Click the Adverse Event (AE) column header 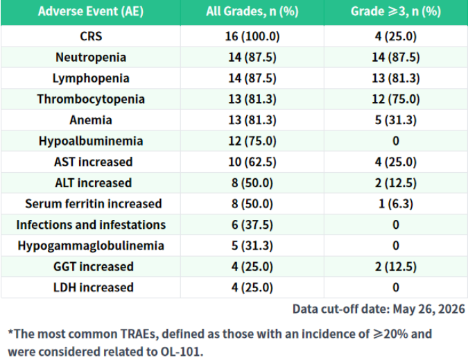click(91, 12)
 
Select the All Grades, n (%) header click(252, 12)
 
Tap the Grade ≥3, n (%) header click(396, 12)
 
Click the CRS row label click(91, 36)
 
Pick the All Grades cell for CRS click(252, 37)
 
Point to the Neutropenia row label click(91, 58)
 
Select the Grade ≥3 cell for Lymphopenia click(396, 78)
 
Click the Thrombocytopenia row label click(91, 99)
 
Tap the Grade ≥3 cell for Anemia click(396, 120)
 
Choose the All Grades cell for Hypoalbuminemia click(252, 141)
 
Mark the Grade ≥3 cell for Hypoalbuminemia click(396, 141)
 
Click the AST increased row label click(93, 162)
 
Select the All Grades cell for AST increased click(252, 162)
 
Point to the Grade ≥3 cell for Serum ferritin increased click(396, 203)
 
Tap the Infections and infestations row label click(91, 225)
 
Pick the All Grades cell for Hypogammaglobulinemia click(252, 246)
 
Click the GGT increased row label click(93, 266)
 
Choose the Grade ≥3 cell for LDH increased click(396, 287)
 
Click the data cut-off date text click(379, 309)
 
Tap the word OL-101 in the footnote click(182, 352)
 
